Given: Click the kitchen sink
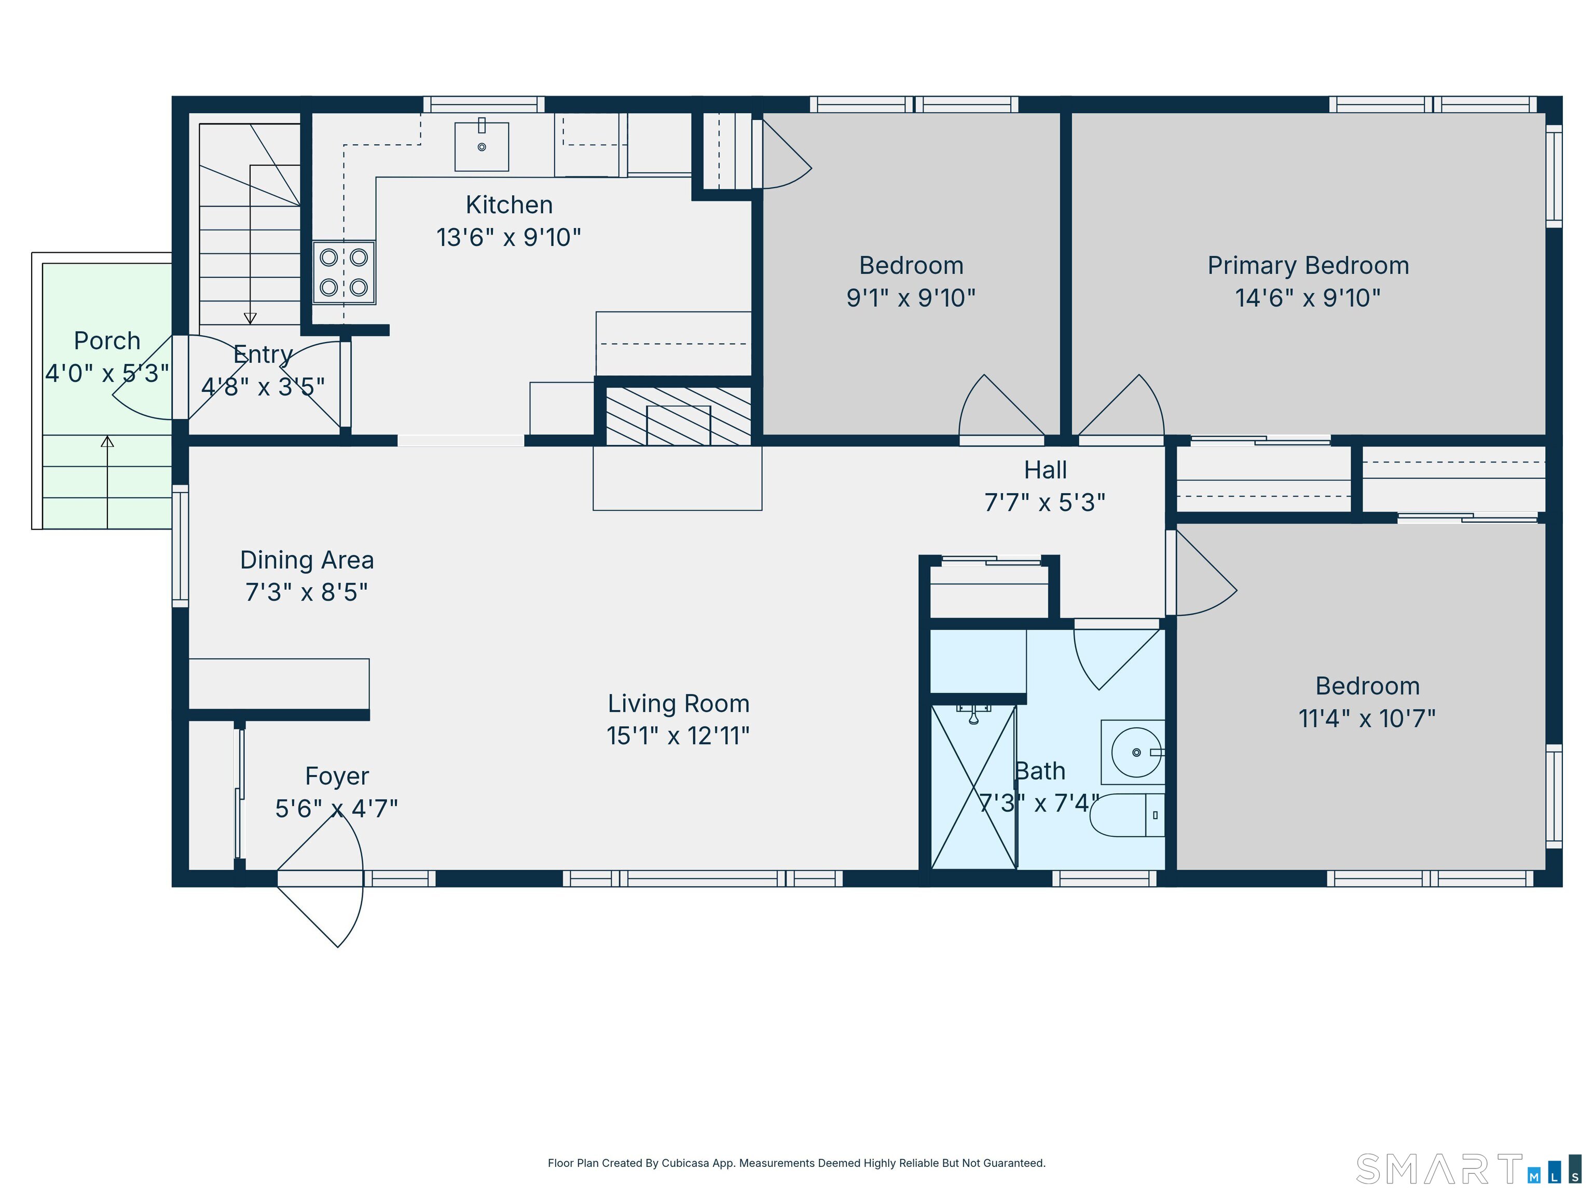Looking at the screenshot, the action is tap(482, 146).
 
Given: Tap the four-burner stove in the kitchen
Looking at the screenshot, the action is tap(343, 272).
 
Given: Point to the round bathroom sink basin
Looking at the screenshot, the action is tap(1136, 752).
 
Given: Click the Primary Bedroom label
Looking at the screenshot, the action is tap(1308, 265).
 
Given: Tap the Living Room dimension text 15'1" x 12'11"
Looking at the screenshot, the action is tap(678, 736).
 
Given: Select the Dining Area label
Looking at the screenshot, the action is tap(307, 560).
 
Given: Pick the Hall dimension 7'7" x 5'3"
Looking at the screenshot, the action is tap(1045, 502).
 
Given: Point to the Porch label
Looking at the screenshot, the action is tap(107, 341).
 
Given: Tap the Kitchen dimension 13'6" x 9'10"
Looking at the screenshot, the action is tap(509, 237).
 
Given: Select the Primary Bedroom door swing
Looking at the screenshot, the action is tap(1149, 393).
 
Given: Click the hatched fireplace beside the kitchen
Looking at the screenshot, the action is tap(678, 416).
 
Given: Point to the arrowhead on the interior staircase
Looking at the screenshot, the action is tap(250, 318).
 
